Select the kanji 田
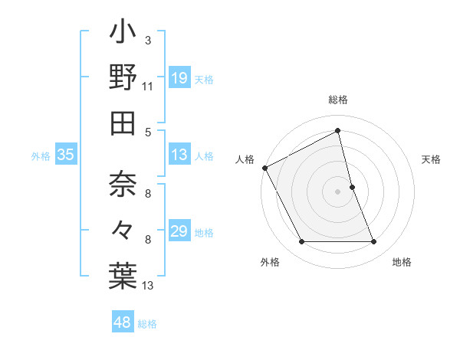click(123, 123)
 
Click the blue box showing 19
click(179, 78)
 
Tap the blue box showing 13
click(179, 155)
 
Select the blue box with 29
click(179, 231)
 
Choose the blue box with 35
click(66, 155)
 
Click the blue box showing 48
click(123, 322)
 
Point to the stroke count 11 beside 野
click(148, 86)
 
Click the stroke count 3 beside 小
click(147, 40)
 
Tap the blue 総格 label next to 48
click(147, 324)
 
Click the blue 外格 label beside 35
click(41, 156)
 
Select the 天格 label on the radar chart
click(431, 159)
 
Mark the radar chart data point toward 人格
click(264, 167)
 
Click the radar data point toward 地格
click(374, 242)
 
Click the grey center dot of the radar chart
click(338, 191)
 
